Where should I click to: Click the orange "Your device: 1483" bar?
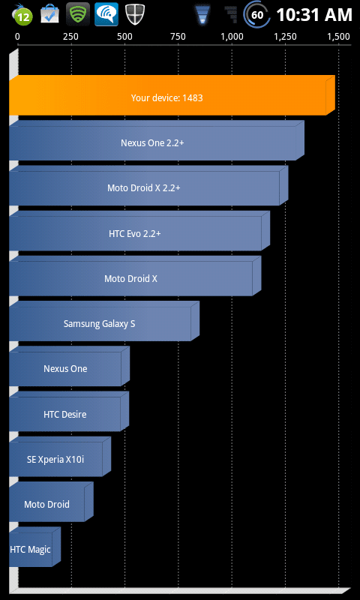(172, 95)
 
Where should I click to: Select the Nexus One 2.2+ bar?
(157, 140)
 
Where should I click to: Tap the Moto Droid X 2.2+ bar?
(148, 185)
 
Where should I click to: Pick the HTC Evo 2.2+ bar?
(139, 231)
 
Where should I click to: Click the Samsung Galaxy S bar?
(104, 321)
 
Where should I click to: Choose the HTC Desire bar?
(69, 411)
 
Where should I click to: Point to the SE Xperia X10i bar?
(60, 457)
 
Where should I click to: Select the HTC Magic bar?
(34, 547)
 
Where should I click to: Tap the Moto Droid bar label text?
(46, 504)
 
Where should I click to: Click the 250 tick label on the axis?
(70, 37)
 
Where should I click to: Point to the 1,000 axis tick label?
(232, 37)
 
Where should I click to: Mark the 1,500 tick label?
(338, 37)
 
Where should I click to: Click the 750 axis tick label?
(178, 37)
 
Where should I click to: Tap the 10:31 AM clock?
(314, 15)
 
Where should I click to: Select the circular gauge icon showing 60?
(257, 14)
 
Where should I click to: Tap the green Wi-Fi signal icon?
(78, 14)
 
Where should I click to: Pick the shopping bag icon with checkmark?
(49, 14)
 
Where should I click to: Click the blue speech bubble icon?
(106, 14)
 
